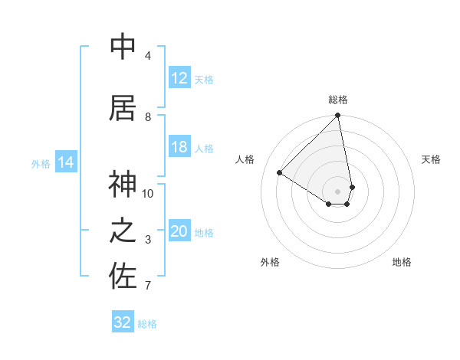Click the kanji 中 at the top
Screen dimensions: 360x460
tap(123, 47)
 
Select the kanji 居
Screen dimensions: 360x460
tap(123, 108)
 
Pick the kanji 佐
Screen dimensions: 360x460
tap(123, 276)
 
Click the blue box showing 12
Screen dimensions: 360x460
tap(179, 78)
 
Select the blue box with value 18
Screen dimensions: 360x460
tap(179, 147)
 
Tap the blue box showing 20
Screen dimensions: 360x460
tap(179, 231)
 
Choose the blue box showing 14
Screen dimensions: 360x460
tap(66, 162)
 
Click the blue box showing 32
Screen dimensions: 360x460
tap(123, 322)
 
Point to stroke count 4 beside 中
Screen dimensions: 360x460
tap(148, 56)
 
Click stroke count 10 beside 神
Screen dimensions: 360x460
tap(148, 193)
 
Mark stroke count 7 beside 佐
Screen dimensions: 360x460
tap(148, 286)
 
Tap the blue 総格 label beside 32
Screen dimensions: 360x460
tap(147, 324)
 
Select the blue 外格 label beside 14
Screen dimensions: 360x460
tap(41, 163)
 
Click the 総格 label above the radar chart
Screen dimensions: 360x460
tap(338, 100)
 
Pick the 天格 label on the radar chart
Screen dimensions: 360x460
tap(432, 159)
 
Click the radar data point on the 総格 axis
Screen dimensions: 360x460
tap(338, 116)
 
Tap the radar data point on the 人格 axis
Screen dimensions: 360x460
tap(280, 173)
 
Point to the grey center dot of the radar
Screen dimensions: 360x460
tap(338, 190)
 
